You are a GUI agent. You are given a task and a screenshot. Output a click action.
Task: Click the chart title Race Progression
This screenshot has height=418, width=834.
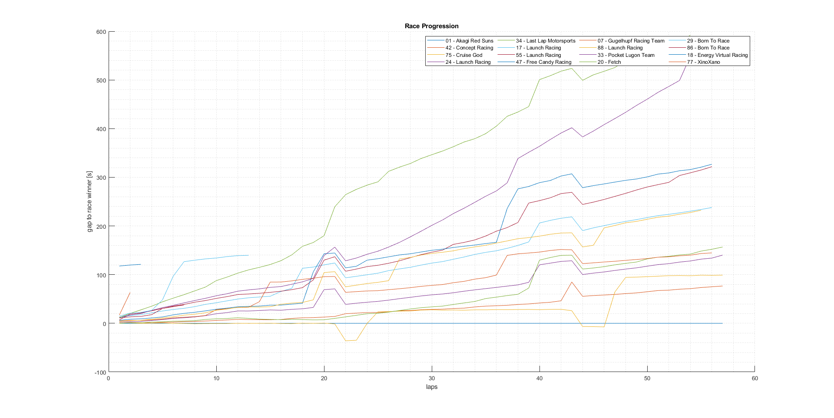(431, 26)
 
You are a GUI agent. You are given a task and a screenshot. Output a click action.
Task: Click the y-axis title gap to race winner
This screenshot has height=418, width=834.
(89, 201)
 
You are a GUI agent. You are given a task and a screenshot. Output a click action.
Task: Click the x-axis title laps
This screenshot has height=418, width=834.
(431, 387)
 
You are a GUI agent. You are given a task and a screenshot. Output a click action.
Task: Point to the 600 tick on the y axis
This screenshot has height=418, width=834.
(101, 32)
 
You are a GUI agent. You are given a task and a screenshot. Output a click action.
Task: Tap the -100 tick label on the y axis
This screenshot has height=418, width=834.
(100, 372)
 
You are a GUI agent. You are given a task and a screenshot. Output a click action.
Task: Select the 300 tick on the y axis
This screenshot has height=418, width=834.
(101, 178)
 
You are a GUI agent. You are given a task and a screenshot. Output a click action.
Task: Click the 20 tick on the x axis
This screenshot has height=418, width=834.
(324, 379)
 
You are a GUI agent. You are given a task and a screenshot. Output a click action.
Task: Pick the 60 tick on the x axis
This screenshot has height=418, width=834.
(755, 379)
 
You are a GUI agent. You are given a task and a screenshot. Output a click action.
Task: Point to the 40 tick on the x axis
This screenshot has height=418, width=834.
(539, 379)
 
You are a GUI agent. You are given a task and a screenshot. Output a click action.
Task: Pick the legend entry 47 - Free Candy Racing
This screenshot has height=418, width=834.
(543, 62)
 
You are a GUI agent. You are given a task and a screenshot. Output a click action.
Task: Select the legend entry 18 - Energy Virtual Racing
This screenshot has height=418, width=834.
(717, 55)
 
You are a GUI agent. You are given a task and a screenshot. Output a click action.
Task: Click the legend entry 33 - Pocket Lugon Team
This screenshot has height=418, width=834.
(626, 55)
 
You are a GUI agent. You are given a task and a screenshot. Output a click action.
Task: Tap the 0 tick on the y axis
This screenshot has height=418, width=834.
(104, 324)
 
